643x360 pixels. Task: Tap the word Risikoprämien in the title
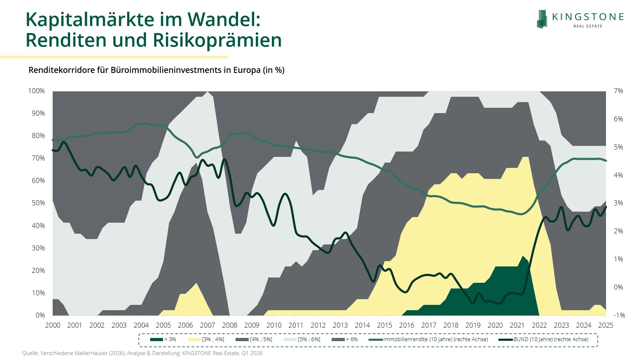pyautogui.click(x=217, y=40)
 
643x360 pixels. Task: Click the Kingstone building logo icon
pyautogui.click(x=542, y=19)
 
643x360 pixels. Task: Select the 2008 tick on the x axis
pyautogui.click(x=230, y=325)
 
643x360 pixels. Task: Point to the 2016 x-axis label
pyautogui.click(x=406, y=325)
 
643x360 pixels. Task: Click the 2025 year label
pyautogui.click(x=606, y=325)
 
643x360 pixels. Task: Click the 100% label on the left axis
pyautogui.click(x=37, y=91)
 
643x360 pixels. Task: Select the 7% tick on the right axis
pyautogui.click(x=618, y=91)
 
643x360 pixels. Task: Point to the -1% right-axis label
pyautogui.click(x=619, y=315)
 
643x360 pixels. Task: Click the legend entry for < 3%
pyautogui.click(x=163, y=339)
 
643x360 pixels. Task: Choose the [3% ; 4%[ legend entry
pyautogui.click(x=206, y=339)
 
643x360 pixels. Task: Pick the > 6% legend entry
pyautogui.click(x=345, y=339)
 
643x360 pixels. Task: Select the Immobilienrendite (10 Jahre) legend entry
pyautogui.click(x=428, y=339)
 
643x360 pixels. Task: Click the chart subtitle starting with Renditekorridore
pyautogui.click(x=156, y=70)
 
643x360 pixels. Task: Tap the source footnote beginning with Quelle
pyautogui.click(x=142, y=353)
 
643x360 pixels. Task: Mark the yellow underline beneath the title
pyautogui.click(x=114, y=57)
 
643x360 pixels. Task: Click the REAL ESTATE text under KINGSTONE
pyautogui.click(x=588, y=26)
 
